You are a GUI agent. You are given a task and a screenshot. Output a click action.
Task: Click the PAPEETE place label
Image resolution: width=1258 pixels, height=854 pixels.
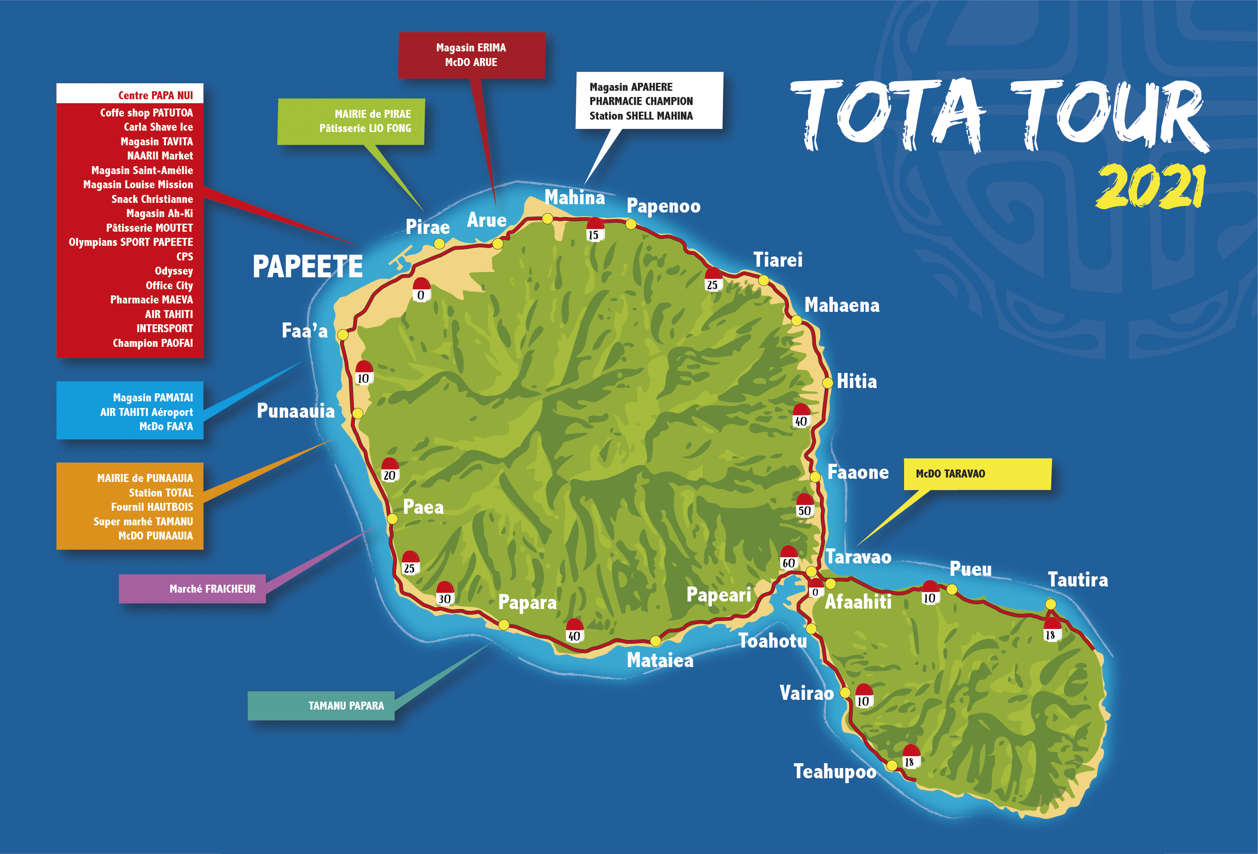pos(307,267)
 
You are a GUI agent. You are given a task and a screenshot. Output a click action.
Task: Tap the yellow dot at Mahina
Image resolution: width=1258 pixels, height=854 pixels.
pos(547,219)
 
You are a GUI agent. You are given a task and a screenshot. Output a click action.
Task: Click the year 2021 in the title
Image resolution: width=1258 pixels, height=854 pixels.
pos(1151,187)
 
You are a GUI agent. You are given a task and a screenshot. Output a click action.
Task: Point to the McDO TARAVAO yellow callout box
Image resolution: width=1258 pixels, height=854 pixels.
pos(977,474)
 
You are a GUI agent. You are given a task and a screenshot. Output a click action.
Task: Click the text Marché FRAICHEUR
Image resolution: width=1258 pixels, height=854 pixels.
pos(212,589)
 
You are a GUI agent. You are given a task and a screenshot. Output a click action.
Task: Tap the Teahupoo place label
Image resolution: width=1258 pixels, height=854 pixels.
pos(835,771)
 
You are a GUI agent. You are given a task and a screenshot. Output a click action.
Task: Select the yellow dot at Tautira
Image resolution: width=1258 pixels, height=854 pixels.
pos(1050,604)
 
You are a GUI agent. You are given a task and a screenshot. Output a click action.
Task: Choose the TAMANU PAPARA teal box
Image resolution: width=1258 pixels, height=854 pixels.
pos(321,706)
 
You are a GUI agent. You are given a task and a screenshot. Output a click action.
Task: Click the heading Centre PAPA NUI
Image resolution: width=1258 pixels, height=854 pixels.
pos(155,96)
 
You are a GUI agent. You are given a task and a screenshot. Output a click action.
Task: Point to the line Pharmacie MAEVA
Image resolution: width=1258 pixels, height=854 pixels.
pos(151,300)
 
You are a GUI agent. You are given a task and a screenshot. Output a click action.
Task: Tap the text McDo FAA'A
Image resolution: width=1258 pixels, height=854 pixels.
pos(166,427)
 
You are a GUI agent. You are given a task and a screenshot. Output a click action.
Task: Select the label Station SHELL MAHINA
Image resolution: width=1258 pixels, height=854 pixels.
pos(641,116)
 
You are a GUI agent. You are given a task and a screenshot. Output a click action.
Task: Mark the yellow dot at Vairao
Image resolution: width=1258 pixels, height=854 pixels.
pos(845,693)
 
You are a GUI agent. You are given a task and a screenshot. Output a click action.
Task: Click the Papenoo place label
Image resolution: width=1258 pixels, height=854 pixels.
pos(663,206)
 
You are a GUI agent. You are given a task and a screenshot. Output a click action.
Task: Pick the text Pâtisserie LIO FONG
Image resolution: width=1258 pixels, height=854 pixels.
pos(365,128)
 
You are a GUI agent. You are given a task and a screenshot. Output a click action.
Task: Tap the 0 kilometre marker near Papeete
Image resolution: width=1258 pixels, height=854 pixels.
pos(421,291)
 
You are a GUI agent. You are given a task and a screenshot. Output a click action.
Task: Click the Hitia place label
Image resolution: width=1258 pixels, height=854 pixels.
pos(856,381)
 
